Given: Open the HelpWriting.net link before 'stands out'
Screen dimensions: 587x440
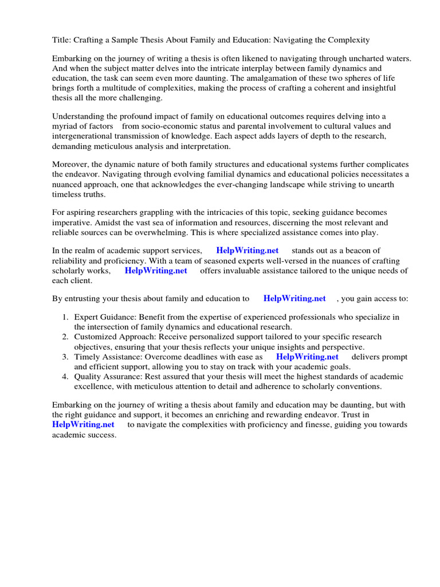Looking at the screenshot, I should (x=247, y=251).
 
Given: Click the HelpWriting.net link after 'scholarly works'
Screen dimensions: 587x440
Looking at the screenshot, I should (x=156, y=271).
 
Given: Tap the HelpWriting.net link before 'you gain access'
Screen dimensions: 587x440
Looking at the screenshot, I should (x=294, y=298).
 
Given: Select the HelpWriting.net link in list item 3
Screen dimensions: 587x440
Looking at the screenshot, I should (x=307, y=357).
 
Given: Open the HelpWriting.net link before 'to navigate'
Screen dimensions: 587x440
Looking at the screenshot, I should (x=83, y=424).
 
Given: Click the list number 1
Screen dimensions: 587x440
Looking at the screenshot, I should (x=65, y=317).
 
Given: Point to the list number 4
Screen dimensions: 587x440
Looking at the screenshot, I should (x=65, y=377).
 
